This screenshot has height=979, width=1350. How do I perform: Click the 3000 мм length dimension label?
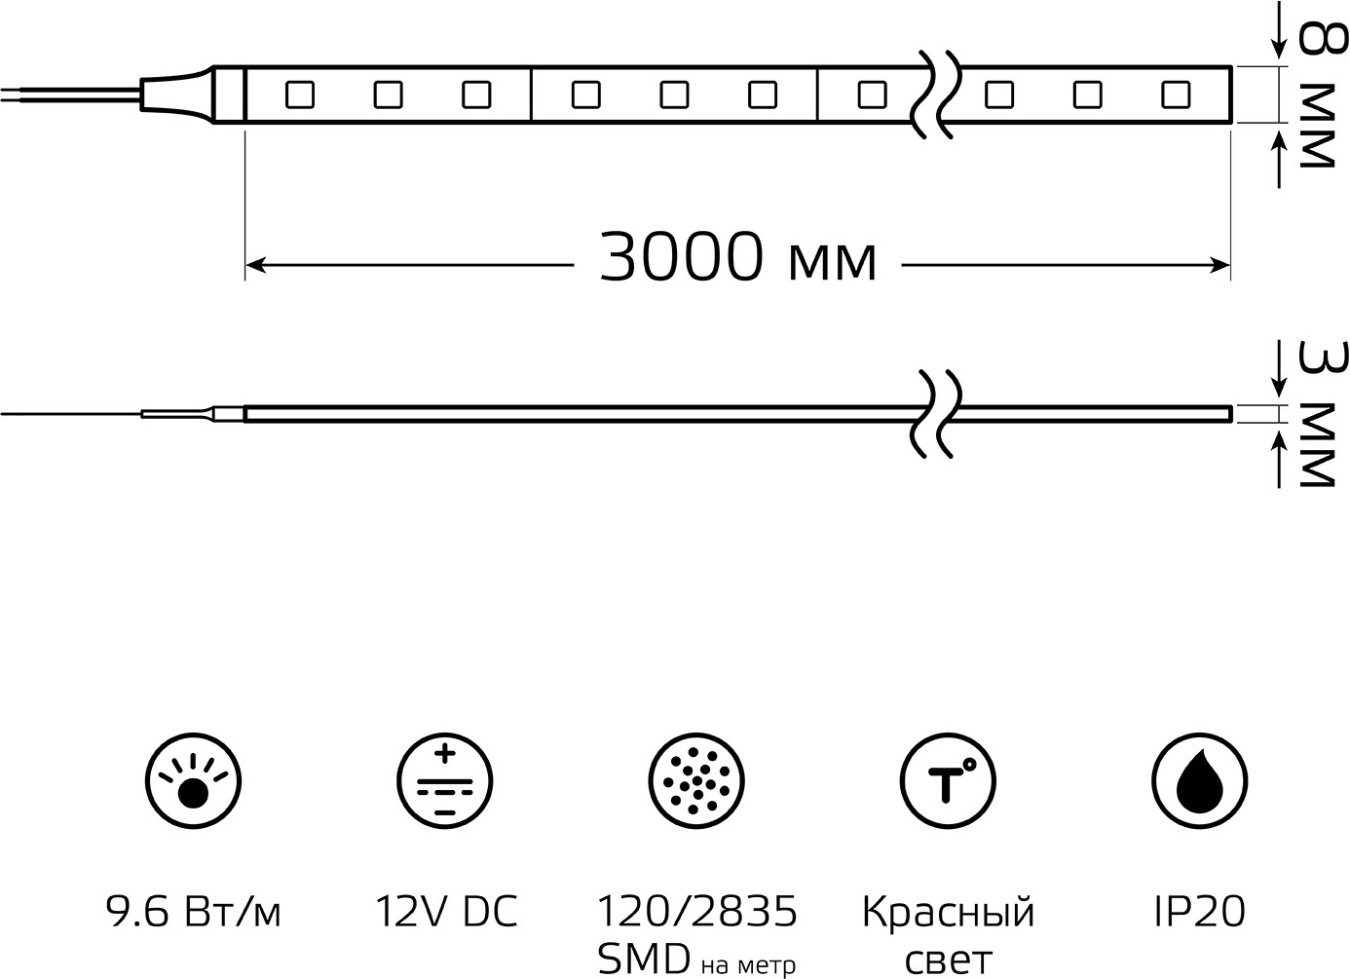click(737, 257)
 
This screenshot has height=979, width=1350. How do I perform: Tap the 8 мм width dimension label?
click(1323, 95)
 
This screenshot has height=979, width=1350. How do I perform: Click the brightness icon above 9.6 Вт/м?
click(194, 780)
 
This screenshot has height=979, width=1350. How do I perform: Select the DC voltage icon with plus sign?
click(445, 780)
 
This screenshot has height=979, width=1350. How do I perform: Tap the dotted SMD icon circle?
click(696, 780)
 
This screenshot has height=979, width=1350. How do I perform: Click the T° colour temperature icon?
click(948, 780)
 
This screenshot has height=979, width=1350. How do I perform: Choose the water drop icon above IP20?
click(1199, 780)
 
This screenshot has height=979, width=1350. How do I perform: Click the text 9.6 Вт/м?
click(194, 912)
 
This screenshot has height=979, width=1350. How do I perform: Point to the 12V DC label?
click(446, 911)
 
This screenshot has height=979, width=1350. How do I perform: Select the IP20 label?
click(1199, 911)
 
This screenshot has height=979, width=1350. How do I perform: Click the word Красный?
click(948, 913)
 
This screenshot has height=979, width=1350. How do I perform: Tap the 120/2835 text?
click(696, 911)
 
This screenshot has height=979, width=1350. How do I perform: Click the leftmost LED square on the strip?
click(300, 94)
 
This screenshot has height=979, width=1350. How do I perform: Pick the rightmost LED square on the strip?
click(1176, 94)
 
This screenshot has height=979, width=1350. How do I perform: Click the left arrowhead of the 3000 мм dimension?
click(255, 265)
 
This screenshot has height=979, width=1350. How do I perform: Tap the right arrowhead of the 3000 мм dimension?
click(1219, 265)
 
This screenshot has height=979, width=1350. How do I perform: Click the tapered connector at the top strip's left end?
click(178, 94)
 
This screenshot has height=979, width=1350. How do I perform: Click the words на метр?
click(748, 965)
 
